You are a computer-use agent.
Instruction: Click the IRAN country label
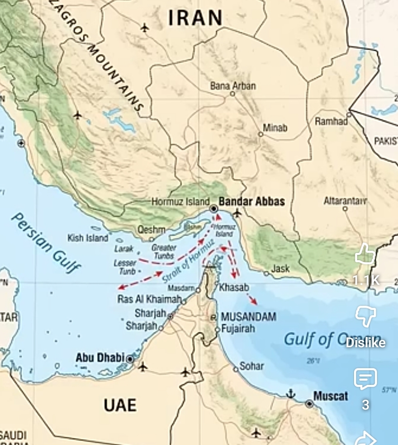pyautogui.click(x=196, y=18)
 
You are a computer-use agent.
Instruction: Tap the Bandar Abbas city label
pyautogui.click(x=252, y=201)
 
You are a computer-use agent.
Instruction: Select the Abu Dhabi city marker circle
pyautogui.click(x=130, y=359)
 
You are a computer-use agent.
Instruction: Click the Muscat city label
pyautogui.click(x=330, y=396)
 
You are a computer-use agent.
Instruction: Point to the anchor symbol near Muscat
pyautogui.click(x=291, y=394)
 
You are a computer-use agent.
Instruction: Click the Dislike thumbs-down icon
pyautogui.click(x=365, y=316)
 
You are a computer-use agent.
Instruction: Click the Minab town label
pyautogui.click(x=275, y=128)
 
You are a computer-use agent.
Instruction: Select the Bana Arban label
pyautogui.click(x=233, y=86)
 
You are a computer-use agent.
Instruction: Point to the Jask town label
pyautogui.click(x=280, y=269)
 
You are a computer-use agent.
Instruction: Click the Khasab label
pyautogui.click(x=234, y=287)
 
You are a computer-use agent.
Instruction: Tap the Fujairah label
pyautogui.click(x=238, y=328)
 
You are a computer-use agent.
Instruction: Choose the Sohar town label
pyautogui.click(x=251, y=366)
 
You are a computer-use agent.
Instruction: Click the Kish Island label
pyautogui.click(x=88, y=238)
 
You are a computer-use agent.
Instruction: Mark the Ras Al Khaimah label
pyautogui.click(x=149, y=299)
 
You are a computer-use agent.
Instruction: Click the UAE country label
pyautogui.click(x=120, y=405)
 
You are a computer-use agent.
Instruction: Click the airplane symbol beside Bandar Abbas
pyautogui.click(x=237, y=213)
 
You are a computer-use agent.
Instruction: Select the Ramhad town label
pyautogui.click(x=331, y=121)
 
